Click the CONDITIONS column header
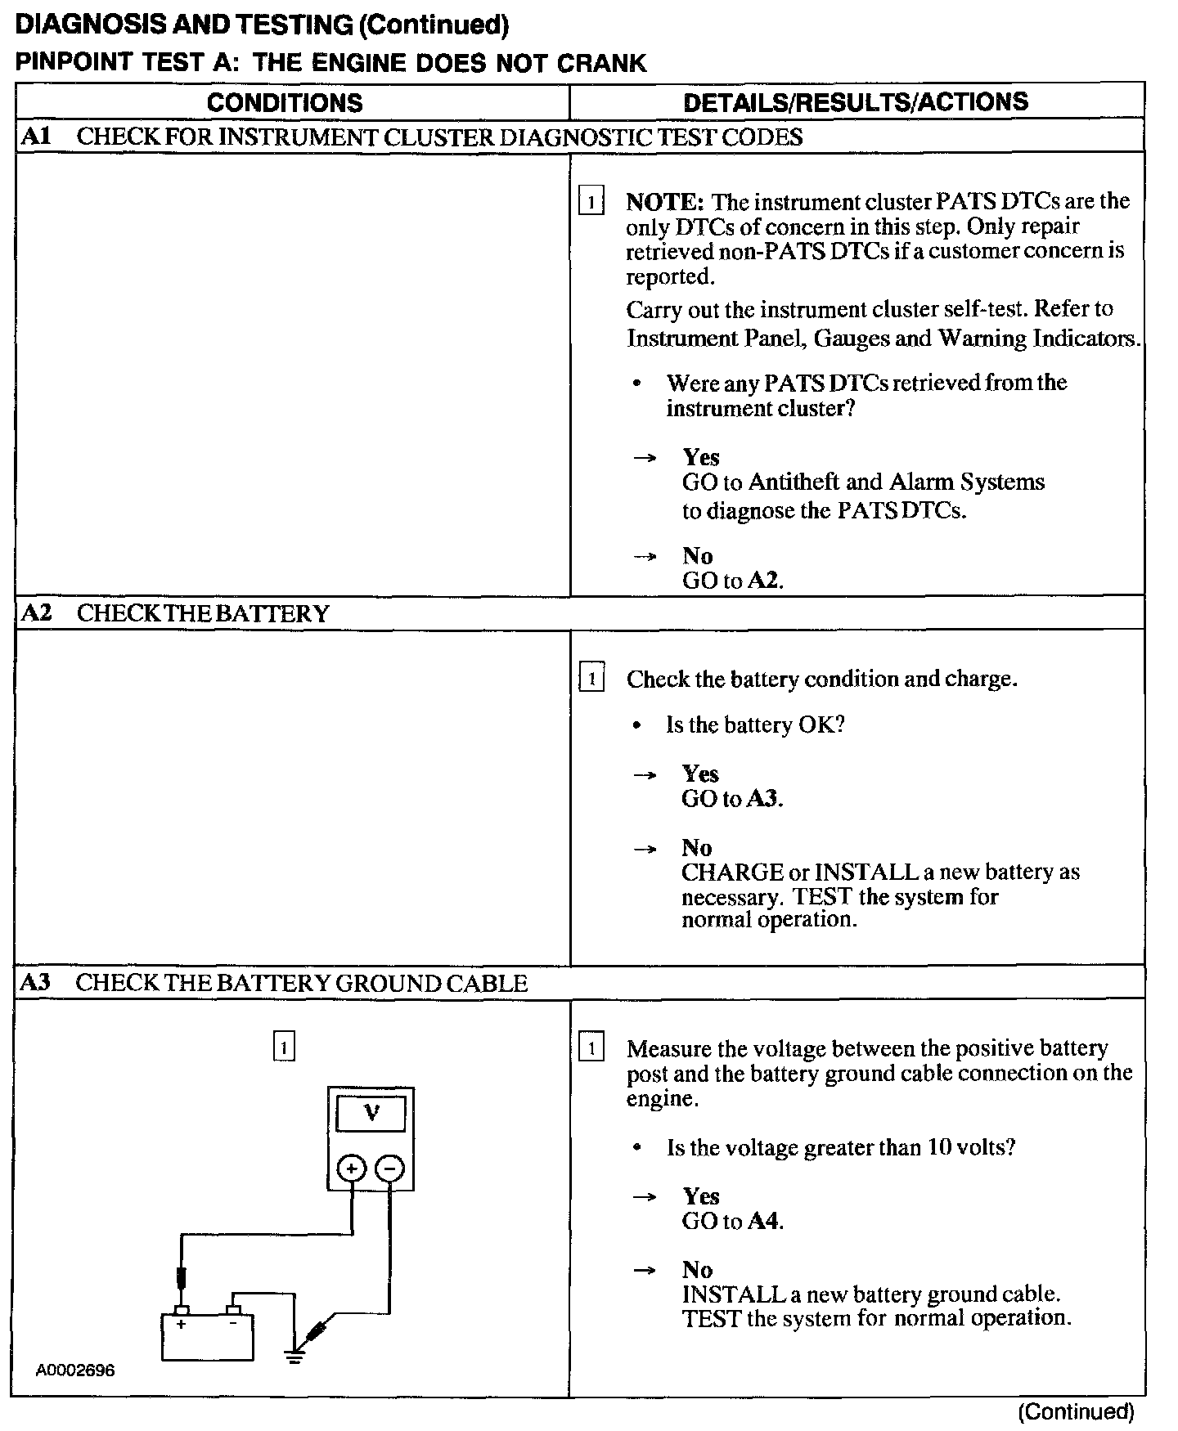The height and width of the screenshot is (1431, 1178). point(285,102)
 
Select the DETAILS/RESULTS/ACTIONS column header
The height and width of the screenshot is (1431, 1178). point(856,101)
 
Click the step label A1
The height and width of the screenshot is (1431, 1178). point(35,136)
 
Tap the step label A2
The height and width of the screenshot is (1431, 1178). point(35,612)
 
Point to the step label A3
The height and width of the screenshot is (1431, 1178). point(35,982)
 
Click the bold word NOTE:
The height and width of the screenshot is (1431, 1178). point(664,201)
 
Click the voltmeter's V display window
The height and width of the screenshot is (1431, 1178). point(371,1114)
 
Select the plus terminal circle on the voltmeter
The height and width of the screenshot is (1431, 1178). point(352,1169)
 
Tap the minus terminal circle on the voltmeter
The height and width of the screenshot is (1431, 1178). point(389,1169)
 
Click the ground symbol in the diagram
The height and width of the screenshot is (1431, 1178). point(294,1357)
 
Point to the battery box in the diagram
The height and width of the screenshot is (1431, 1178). point(207,1336)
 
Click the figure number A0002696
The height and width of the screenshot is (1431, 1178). point(75,1370)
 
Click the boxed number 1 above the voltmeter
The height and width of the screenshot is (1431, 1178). point(283,1047)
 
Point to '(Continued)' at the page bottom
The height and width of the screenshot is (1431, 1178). point(1076,1412)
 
